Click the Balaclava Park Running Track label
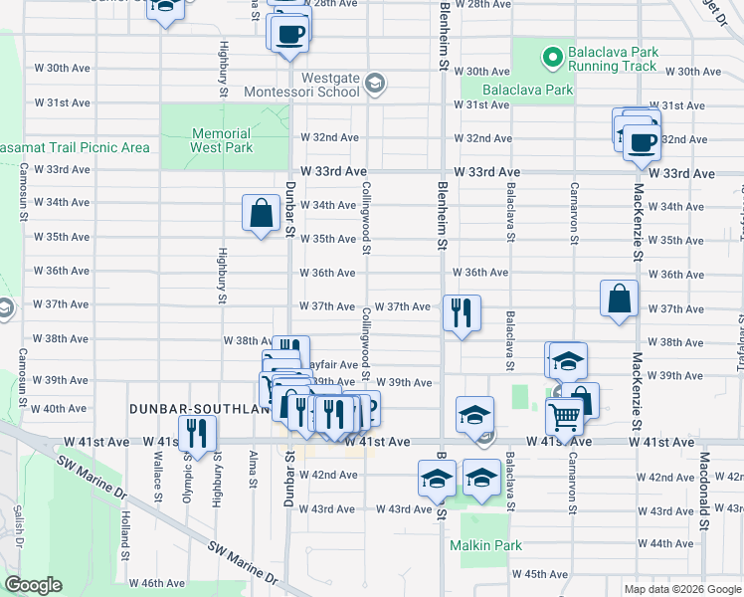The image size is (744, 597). click(x=612, y=59)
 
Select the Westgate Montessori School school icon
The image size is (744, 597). click(x=374, y=84)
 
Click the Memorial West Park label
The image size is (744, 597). click(x=221, y=140)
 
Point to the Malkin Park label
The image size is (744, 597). click(x=485, y=545)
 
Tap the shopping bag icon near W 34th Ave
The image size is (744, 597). click(x=261, y=212)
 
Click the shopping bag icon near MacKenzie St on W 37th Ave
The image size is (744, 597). click(x=619, y=298)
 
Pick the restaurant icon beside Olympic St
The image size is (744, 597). click(x=198, y=433)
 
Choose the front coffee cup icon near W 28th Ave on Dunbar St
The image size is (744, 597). click(x=290, y=34)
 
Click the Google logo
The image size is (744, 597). click(x=32, y=585)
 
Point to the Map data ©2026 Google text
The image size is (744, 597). click(x=682, y=589)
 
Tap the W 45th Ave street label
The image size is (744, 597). click(x=546, y=574)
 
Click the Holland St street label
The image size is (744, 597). click(x=126, y=531)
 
